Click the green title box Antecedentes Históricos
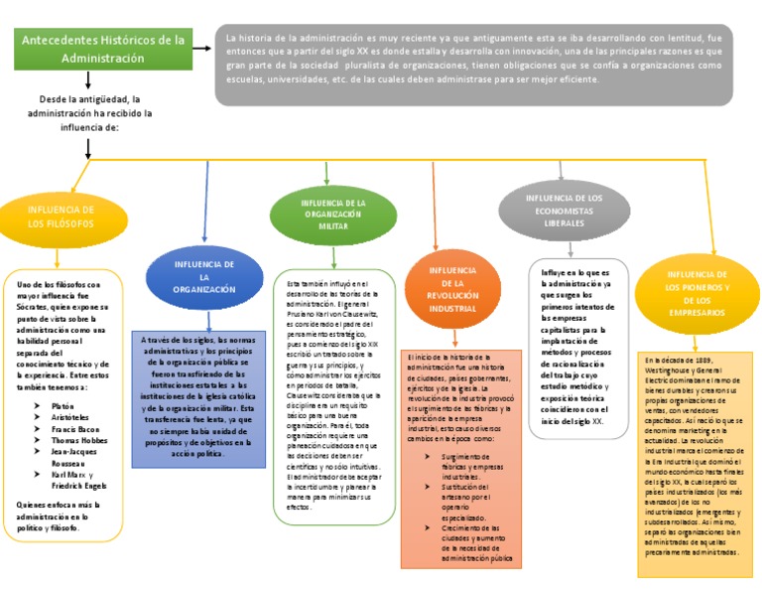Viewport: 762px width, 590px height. pos(103,49)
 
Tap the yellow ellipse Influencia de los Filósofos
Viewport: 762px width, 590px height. pos(62,217)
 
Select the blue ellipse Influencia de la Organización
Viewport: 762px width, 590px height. pos(203,276)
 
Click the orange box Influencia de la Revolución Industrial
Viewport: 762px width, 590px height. pos(452,289)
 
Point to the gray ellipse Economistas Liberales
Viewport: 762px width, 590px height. pos(564,210)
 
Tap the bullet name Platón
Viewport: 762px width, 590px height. pos(63,407)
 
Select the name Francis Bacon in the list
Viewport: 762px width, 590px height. pos(74,428)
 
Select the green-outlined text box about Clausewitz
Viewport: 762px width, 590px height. pos(332,396)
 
